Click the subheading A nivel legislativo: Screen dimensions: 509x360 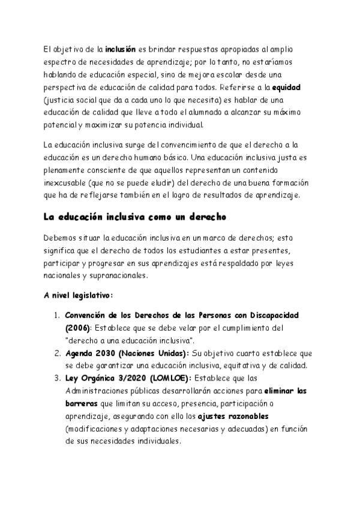[x=79, y=295]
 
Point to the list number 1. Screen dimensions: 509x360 [x=56, y=315]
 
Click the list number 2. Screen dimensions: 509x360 [x=56, y=353]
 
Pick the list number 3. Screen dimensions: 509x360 [x=56, y=378]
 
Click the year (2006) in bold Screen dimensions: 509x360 [x=77, y=328]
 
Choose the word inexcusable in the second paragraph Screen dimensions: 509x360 [x=67, y=182]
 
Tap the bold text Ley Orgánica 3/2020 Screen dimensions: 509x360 [x=100, y=378]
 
